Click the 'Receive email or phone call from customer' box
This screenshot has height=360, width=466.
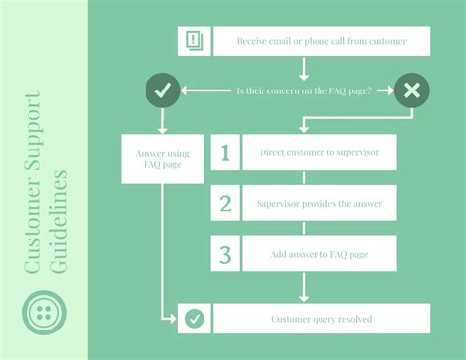(320, 41)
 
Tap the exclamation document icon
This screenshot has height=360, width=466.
(193, 41)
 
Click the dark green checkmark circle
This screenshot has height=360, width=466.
(163, 90)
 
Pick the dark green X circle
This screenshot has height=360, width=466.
(411, 90)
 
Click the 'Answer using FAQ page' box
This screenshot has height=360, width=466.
(162, 159)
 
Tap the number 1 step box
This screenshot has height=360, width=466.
(225, 153)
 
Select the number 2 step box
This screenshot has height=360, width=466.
(225, 204)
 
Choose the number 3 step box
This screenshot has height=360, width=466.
(225, 254)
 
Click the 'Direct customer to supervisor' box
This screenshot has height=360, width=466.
(320, 153)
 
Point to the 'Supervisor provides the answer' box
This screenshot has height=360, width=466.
(320, 204)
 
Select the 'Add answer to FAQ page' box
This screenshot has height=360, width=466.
(320, 254)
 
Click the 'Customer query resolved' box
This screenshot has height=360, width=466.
(321, 319)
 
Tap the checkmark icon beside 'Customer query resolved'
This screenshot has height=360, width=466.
(195, 319)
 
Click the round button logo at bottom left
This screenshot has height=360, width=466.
(44, 313)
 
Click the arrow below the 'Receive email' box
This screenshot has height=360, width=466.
(304, 68)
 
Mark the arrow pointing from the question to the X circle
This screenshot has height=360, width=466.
(380, 90)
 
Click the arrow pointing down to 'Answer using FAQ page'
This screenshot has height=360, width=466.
(163, 120)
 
